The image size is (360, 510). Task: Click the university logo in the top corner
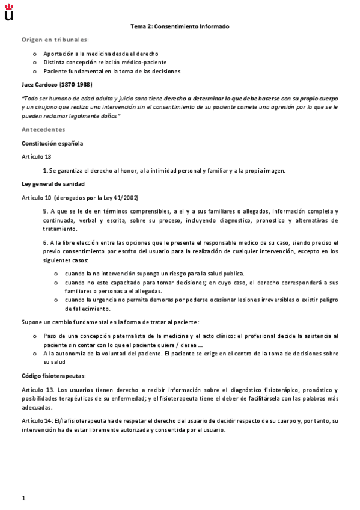coord(8,13)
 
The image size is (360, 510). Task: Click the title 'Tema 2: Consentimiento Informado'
coord(180,26)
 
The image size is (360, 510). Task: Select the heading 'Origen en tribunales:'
coord(55,40)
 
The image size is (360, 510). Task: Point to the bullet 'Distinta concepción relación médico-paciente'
coord(105,62)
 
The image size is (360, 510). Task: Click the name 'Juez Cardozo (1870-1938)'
coord(57,84)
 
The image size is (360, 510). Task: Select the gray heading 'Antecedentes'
coord(43,129)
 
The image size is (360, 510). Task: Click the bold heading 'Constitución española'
coord(52,143)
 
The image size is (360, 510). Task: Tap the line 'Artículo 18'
coord(36,156)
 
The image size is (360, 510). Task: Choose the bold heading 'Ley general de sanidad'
coord(53,183)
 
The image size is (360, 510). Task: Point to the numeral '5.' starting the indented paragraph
coord(45,211)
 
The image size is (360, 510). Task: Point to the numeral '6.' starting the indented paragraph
coord(45,242)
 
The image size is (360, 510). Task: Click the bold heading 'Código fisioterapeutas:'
coord(53,375)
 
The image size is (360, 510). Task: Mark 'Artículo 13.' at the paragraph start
coord(38,390)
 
